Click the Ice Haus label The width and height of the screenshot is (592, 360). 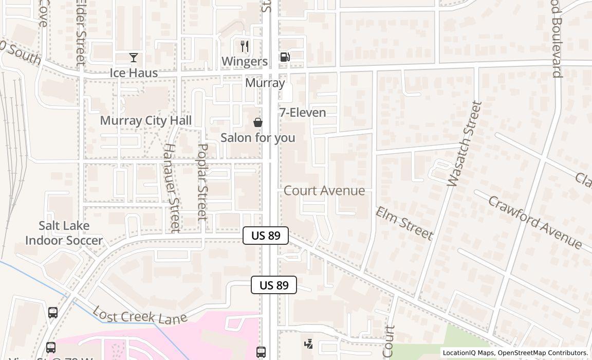tap(134, 73)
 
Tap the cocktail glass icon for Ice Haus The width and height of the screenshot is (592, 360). tap(134, 57)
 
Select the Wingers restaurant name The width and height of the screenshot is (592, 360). tap(245, 61)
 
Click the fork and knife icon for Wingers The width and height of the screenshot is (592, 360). tap(245, 46)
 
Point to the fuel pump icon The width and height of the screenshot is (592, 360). tap(285, 57)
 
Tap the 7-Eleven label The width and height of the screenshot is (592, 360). tap(303, 113)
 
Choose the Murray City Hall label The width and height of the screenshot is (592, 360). tap(146, 120)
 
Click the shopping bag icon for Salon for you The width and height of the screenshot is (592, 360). tap(258, 122)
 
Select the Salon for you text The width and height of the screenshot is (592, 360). tap(258, 138)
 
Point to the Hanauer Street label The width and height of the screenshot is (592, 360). tap(171, 187)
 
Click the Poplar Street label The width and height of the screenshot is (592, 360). tap(202, 182)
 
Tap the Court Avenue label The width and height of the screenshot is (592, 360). tap(324, 191)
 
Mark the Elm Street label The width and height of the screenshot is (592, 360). tap(404, 223)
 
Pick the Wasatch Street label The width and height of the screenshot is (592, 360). tap(465, 143)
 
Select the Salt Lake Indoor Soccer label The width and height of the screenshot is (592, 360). tap(64, 233)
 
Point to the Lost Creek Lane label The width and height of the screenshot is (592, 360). tap(140, 315)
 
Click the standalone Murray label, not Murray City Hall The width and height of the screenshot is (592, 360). tap(265, 83)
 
